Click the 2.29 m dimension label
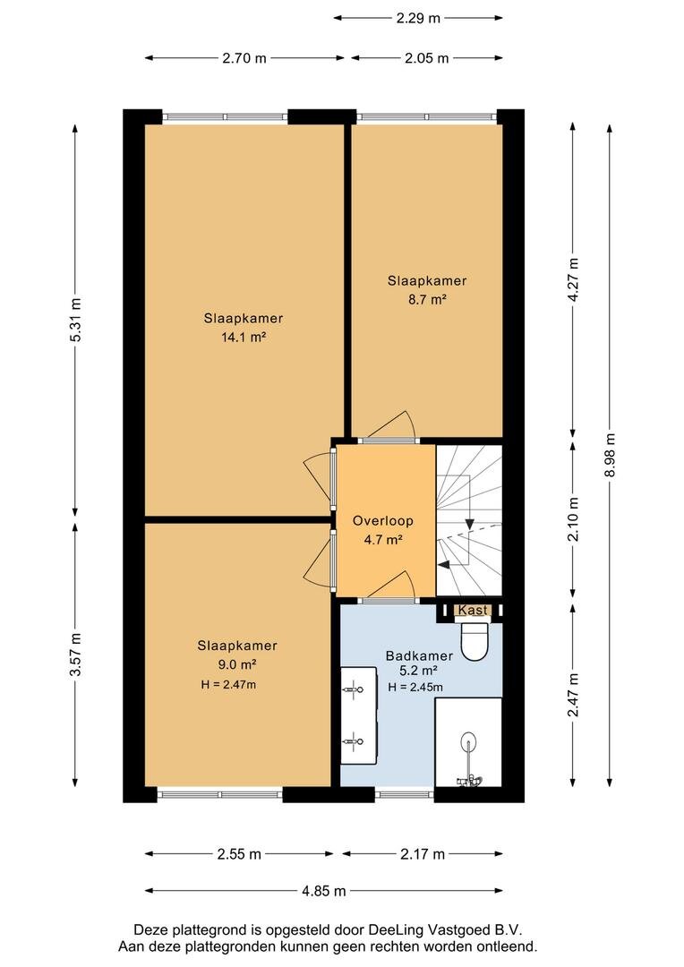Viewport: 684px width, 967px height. (418, 18)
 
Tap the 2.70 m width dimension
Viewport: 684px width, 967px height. (244, 58)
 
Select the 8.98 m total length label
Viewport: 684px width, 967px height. (610, 455)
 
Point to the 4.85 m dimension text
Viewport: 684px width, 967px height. (323, 891)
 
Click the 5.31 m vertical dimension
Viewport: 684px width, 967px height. (74, 320)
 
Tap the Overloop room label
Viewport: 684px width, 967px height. (382, 520)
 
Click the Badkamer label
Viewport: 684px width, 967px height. (419, 655)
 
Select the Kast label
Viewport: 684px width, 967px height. (473, 610)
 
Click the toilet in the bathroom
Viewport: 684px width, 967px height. (475, 641)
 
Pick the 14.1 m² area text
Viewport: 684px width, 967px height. (243, 338)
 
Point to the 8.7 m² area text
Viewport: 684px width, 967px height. (426, 300)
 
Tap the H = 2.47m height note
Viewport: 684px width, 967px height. (228, 684)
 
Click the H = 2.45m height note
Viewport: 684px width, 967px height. (415, 687)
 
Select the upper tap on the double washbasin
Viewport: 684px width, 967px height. (353, 689)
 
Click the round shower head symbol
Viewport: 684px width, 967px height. (469, 740)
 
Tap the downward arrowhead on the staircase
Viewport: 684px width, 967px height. (469, 524)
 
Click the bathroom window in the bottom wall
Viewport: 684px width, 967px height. (405, 794)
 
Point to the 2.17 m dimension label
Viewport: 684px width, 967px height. (422, 854)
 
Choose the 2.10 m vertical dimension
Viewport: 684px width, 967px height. (574, 519)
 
